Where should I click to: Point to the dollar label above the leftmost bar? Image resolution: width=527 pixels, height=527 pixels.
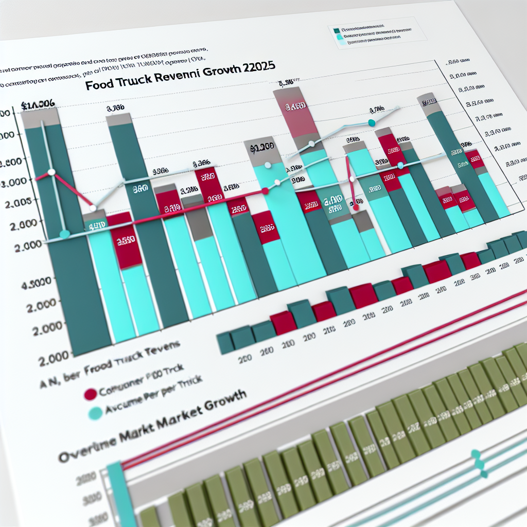[x=39, y=106]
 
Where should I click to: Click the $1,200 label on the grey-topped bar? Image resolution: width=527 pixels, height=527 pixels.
[x=262, y=147]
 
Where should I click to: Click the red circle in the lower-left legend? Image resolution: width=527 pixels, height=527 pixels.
[x=90, y=394]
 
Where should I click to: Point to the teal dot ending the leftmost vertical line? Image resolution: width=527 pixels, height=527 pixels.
[x=64, y=234]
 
